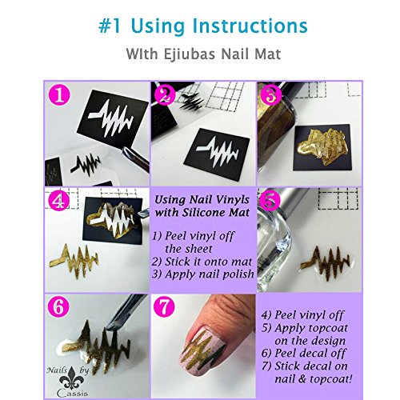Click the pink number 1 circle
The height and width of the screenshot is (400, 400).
(59, 95)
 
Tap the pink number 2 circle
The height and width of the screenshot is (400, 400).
(165, 95)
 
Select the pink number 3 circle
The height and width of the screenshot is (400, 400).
(271, 95)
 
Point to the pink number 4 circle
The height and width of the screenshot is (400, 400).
(59, 201)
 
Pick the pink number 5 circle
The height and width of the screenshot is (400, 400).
(270, 201)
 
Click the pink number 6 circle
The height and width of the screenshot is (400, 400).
(58, 306)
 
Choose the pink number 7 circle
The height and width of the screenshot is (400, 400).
(164, 306)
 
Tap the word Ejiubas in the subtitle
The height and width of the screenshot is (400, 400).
(190, 54)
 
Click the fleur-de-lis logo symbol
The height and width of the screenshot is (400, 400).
(72, 378)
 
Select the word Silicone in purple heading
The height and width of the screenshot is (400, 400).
(204, 213)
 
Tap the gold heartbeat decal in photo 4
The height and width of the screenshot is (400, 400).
(74, 262)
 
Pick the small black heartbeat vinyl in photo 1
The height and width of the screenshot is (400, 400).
(86, 162)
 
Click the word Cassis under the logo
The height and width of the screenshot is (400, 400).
(72, 394)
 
